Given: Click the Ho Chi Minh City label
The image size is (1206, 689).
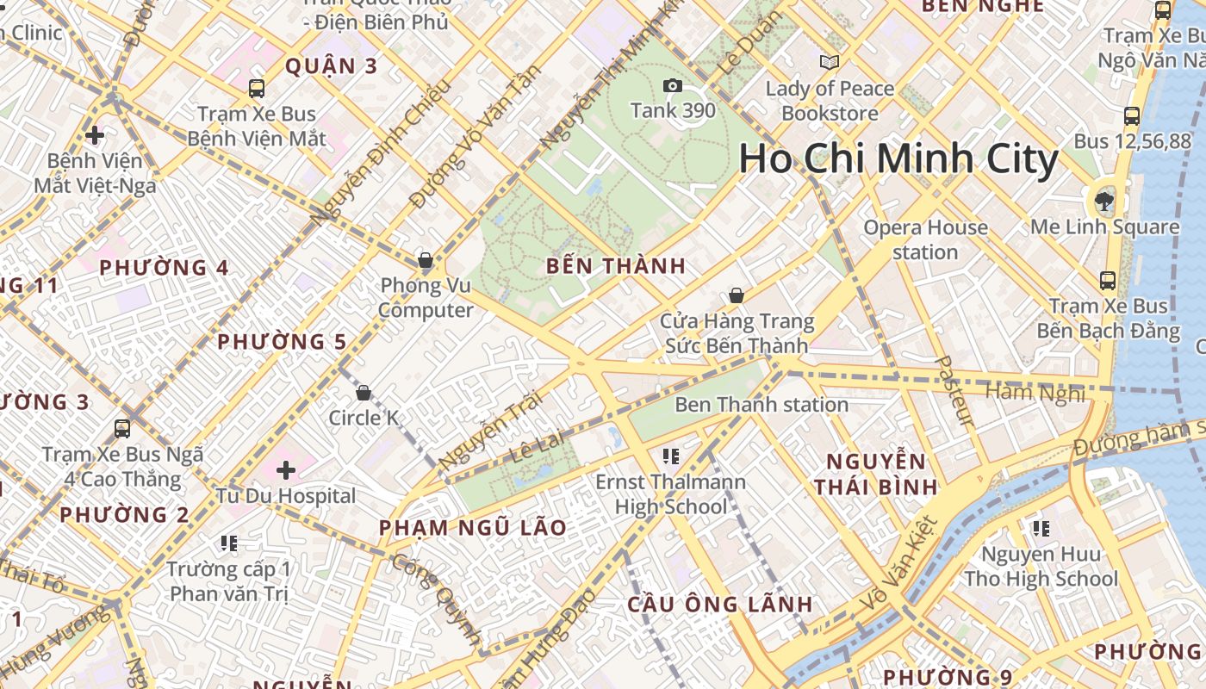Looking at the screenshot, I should click(x=898, y=159).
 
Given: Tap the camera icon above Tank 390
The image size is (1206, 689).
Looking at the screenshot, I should click(x=673, y=85).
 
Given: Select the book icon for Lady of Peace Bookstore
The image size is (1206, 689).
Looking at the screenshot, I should click(x=830, y=63).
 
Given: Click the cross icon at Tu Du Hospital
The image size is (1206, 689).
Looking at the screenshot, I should click(x=286, y=470).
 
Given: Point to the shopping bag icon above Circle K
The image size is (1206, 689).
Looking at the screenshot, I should click(x=364, y=393).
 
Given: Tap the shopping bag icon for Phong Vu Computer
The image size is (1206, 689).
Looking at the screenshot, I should click(x=425, y=260).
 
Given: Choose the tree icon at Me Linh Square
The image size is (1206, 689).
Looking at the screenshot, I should click(x=1103, y=202).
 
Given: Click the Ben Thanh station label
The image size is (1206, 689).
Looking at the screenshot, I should click(x=762, y=404).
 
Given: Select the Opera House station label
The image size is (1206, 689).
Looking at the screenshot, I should click(x=925, y=239).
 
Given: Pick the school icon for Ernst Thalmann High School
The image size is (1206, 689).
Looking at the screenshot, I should click(x=671, y=456).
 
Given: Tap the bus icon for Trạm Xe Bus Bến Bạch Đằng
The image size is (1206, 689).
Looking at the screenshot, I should click(x=1108, y=281).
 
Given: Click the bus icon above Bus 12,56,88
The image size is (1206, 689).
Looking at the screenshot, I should click(x=1132, y=116).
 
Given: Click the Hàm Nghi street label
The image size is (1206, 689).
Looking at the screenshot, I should click(x=1035, y=394).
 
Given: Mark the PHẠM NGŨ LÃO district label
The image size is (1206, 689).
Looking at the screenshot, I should click(x=473, y=528).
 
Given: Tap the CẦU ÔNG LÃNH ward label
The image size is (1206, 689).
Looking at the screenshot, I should click(x=719, y=604).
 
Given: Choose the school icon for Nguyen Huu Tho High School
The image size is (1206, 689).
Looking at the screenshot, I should click(x=1041, y=528).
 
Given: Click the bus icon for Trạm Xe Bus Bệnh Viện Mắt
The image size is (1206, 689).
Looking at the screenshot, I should click(x=257, y=88).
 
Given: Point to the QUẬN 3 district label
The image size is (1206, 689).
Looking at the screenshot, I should click(x=331, y=66).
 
